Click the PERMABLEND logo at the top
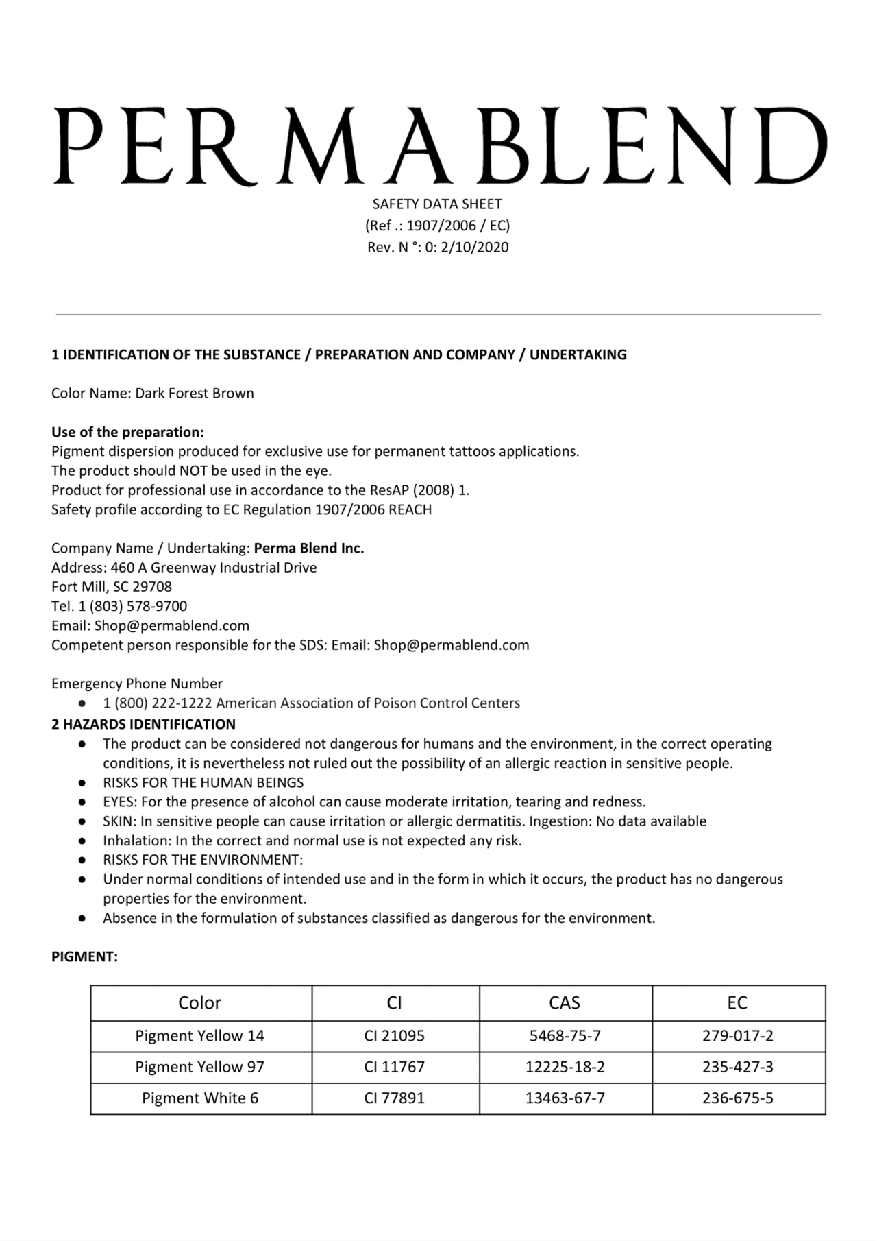pos(438,146)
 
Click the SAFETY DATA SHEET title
pos(437,204)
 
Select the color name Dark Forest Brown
pos(195,394)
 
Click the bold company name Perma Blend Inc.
pos(309,549)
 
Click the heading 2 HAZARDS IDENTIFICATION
pos(143,725)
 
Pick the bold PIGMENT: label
pos(84,957)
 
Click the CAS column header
pos(565,1003)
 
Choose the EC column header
pos(737,1003)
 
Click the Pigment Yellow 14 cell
pos(199,1036)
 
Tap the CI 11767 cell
pos(395,1068)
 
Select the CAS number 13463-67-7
pos(565,1098)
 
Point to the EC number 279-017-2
pos(738,1036)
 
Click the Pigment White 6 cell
pos(200,1098)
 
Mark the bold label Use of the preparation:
pos(127,433)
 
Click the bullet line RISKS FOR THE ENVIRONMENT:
pos(203,860)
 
